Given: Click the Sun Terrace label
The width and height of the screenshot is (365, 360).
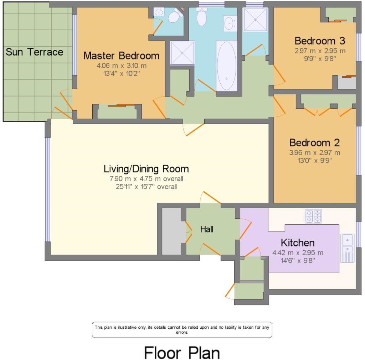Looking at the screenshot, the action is click(x=34, y=52).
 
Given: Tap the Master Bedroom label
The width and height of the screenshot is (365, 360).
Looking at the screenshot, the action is click(x=121, y=56).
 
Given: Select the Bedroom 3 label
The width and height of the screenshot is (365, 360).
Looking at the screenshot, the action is click(x=320, y=41).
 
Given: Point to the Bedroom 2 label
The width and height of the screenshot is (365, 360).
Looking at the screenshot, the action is click(x=314, y=142).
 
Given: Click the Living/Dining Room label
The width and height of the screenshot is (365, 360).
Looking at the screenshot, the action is click(x=146, y=169).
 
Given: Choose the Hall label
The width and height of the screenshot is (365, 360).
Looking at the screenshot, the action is click(x=207, y=229).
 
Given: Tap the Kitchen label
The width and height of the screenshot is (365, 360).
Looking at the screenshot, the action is click(x=298, y=242).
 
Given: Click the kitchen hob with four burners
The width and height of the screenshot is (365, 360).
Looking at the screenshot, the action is click(x=313, y=216).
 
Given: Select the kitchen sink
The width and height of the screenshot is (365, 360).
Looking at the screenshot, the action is click(x=348, y=248).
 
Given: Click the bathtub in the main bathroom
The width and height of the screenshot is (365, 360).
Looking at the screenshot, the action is click(x=226, y=66).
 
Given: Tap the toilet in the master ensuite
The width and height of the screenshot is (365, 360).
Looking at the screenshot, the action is click(x=174, y=16).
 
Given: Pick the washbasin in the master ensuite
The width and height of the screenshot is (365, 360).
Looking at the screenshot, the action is click(x=159, y=11).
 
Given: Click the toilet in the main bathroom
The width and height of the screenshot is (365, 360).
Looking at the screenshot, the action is click(x=202, y=17).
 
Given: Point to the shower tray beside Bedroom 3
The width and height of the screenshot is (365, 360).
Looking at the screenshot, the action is click(x=255, y=20).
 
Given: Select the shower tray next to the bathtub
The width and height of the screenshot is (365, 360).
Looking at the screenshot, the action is click(x=182, y=53).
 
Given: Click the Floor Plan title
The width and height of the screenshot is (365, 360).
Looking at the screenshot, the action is click(x=182, y=353).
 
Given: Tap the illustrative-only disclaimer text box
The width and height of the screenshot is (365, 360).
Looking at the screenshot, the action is click(x=182, y=330).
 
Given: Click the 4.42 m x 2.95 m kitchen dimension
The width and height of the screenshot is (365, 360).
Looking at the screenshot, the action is click(x=298, y=252).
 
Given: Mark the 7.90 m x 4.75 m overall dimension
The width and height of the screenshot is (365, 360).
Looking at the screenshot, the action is click(x=146, y=179).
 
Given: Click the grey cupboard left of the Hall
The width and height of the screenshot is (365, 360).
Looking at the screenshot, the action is click(x=171, y=231).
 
